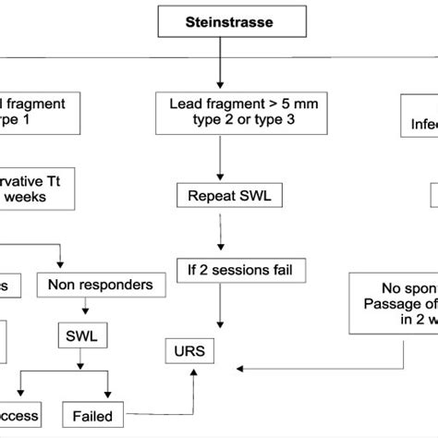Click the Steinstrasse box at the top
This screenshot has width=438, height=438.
pos(219,18)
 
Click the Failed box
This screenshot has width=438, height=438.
pos(91,416)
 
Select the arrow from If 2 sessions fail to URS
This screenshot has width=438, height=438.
pos(219,310)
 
